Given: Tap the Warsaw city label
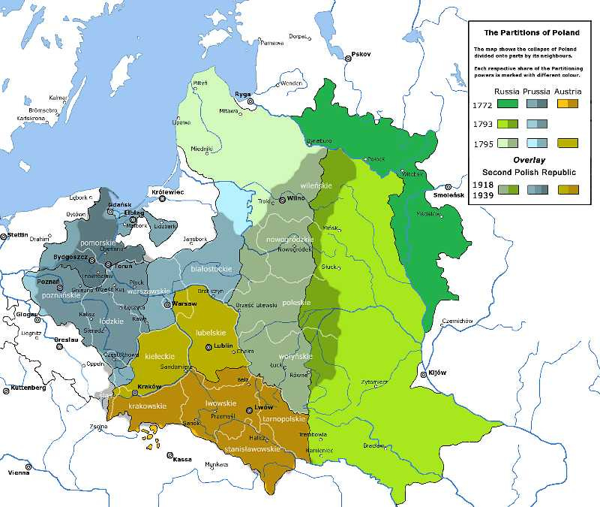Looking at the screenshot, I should pyautogui.click(x=184, y=303).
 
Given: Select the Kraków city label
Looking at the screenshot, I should pyautogui.click(x=150, y=387).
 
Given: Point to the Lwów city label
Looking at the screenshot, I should pyautogui.click(x=263, y=406).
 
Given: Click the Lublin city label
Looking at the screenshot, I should pyautogui.click(x=223, y=346).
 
